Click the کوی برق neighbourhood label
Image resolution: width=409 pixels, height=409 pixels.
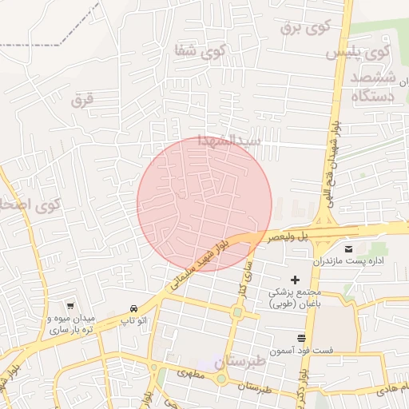coord(305,27)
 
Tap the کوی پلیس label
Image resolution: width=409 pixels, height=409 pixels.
coord(358,53)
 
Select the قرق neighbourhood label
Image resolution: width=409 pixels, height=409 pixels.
coord(82,100)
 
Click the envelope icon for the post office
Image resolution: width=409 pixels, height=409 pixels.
coord(349,248)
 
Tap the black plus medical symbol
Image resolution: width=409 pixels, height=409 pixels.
coord(296,280)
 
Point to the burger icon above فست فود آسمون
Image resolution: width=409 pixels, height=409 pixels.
coord(300,338)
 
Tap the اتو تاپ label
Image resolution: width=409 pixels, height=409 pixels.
coord(133,320)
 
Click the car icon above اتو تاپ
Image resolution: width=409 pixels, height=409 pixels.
coord(133,308)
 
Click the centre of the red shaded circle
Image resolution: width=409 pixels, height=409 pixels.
coord(204,204)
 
